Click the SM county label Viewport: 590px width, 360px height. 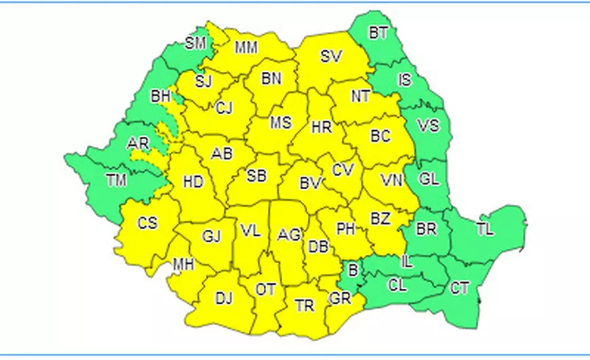point(195,44)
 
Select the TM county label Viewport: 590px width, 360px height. point(117,180)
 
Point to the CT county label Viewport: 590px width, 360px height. point(460,288)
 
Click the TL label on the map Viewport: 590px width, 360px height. point(484,229)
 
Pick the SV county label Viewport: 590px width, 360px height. point(331,57)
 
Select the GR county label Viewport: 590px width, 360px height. point(338,298)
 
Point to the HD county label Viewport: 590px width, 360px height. point(193,182)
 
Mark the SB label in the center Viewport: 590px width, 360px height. point(256,176)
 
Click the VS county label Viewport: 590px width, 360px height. point(428,125)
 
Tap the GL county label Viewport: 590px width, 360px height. point(429,180)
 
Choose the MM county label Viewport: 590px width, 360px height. point(245,48)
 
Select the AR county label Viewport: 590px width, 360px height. point(138,144)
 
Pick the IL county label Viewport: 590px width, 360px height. point(407,260)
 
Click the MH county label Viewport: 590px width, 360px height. point(183,264)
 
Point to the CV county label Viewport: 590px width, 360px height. point(342,169)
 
